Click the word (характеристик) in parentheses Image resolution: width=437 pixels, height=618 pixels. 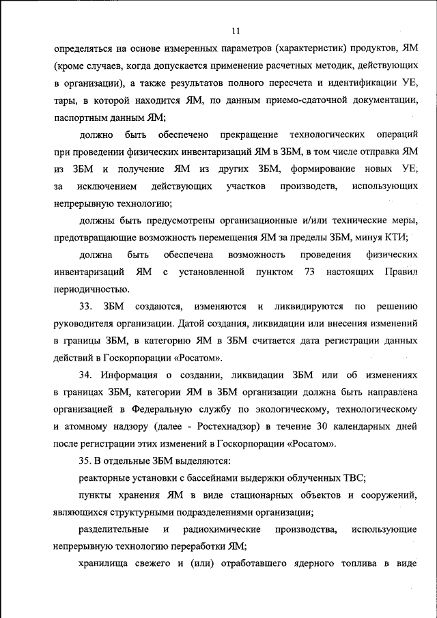click(313, 49)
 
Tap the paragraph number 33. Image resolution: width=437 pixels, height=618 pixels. click(86, 305)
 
